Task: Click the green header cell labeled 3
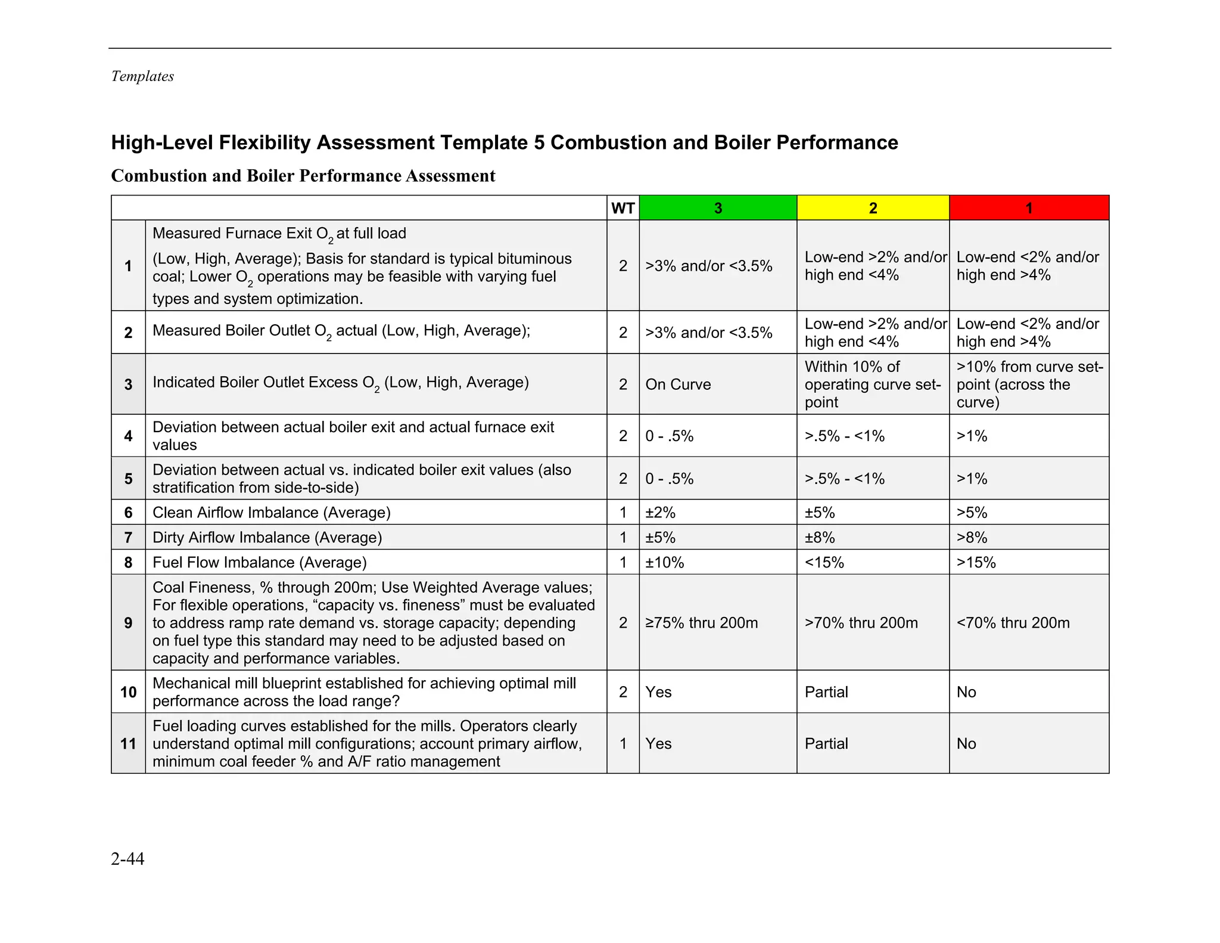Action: [x=718, y=208]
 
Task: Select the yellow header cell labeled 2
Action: [x=873, y=208]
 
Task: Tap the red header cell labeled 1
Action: [x=1029, y=208]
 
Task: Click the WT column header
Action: [x=623, y=208]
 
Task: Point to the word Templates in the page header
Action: [x=142, y=76]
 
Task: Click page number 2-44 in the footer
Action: [x=127, y=858]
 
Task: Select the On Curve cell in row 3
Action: [x=678, y=384]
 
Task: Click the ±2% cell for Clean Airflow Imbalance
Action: [x=660, y=513]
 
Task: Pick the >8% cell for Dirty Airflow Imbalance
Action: [x=972, y=538]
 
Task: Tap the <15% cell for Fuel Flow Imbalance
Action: [x=824, y=563]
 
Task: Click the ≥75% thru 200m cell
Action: [x=701, y=623]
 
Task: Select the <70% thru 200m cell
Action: [x=1013, y=623]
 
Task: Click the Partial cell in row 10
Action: [x=826, y=692]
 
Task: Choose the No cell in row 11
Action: [x=966, y=743]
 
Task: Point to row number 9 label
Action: [x=128, y=623]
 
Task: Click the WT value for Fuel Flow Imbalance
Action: [x=623, y=563]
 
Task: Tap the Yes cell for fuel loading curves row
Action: [x=658, y=743]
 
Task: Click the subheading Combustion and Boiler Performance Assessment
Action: [x=303, y=176]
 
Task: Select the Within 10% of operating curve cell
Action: [x=872, y=384]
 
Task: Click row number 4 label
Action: [x=128, y=436]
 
